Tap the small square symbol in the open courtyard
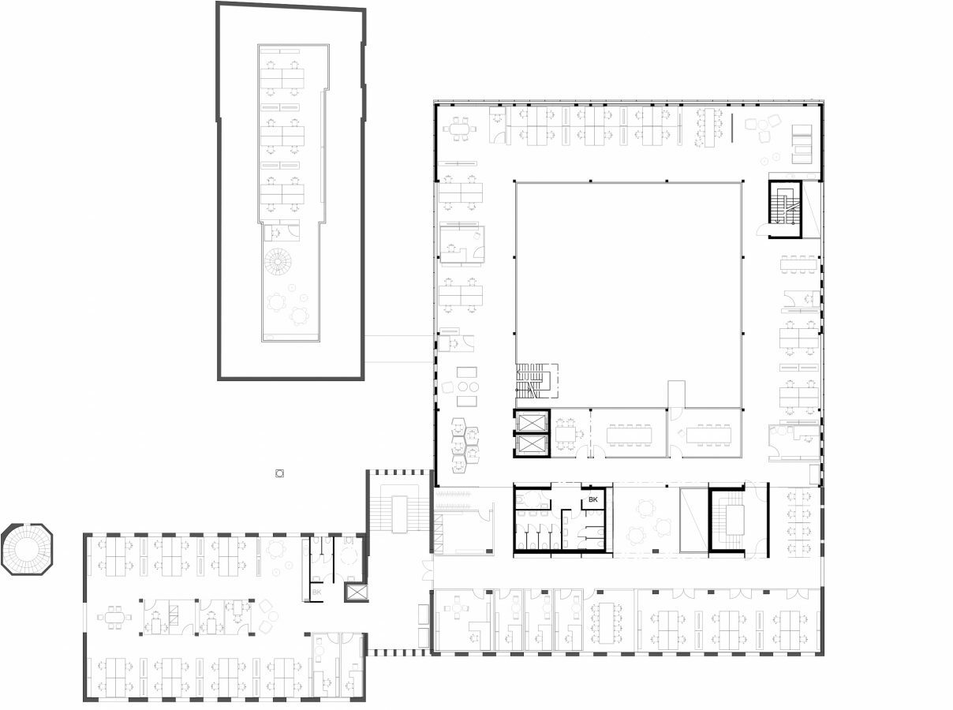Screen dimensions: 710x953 (x=278, y=473)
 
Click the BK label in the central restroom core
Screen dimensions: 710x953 (x=593, y=500)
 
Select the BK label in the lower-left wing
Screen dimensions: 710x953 (x=317, y=592)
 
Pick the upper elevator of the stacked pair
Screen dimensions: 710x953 (x=531, y=422)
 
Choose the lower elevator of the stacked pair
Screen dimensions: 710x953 (x=531, y=445)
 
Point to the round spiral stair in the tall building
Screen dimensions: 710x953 (x=278, y=261)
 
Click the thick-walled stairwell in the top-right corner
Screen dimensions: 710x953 (x=785, y=209)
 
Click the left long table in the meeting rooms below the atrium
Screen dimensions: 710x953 (x=629, y=435)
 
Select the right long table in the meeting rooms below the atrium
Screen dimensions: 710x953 (x=709, y=435)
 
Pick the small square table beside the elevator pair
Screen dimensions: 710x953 (x=566, y=433)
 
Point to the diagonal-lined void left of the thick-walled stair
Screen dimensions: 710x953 (x=693, y=521)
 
